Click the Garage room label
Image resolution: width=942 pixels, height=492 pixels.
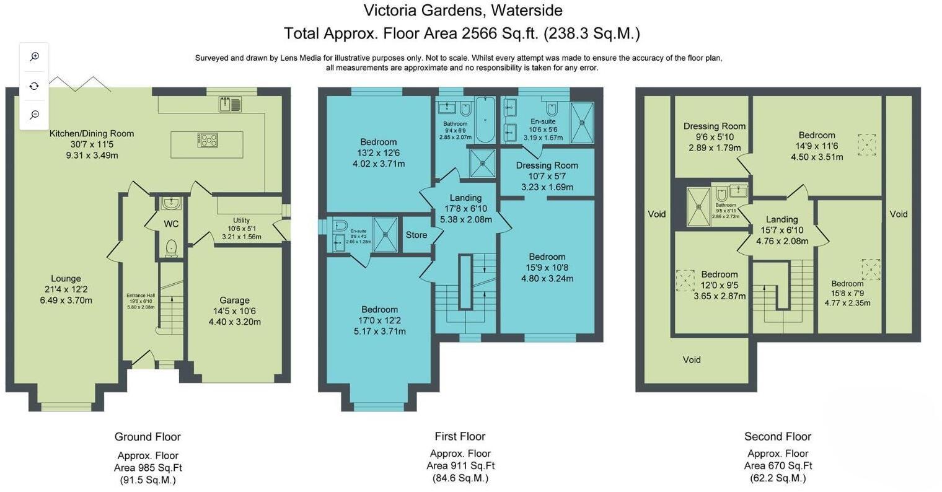234,300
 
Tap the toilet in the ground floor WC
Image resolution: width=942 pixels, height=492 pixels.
171,247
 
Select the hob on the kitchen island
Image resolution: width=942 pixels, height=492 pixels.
208,141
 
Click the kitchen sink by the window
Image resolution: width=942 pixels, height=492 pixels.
230,104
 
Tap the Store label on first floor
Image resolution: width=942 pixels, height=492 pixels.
416,235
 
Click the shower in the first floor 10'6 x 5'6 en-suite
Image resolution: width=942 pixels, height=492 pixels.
581,122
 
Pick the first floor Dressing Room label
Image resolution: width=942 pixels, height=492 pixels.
547,165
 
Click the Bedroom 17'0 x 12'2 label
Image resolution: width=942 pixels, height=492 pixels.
379,309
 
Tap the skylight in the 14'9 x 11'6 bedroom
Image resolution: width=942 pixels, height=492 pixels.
867,145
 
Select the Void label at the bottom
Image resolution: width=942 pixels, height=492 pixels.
692,359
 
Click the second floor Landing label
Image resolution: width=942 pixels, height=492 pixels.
781,219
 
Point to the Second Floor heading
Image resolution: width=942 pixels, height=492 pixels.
778,436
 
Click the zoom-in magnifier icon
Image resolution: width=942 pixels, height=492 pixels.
35,56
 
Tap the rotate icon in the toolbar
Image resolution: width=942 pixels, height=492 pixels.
35,86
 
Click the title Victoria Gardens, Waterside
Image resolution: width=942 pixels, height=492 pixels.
462,11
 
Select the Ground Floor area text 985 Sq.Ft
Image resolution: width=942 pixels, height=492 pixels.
148,467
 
